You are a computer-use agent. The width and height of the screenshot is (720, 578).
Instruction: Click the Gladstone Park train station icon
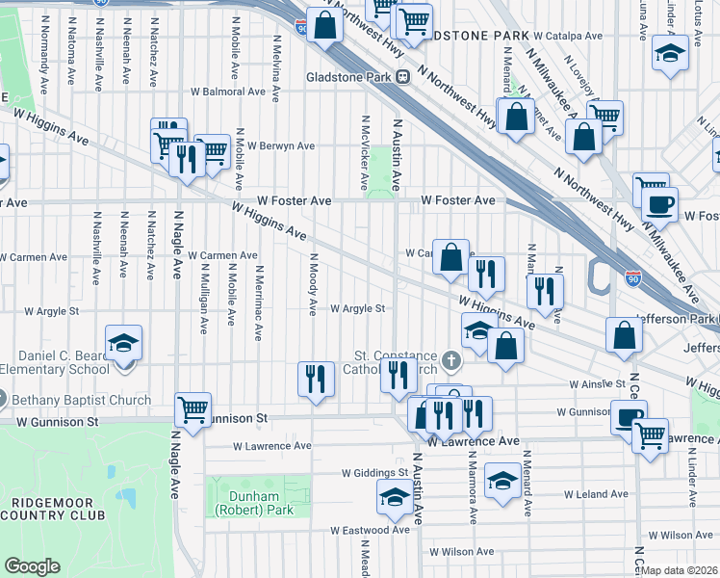pyautogui.click(x=407, y=77)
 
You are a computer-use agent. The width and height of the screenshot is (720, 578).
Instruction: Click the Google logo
pyautogui.click(x=32, y=566)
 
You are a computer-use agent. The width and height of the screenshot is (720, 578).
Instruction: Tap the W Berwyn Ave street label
pyautogui.click(x=280, y=146)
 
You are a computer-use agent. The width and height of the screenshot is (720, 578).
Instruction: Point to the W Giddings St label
pyautogui.click(x=376, y=473)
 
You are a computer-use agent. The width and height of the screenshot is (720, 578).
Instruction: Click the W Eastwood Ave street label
pyautogui.click(x=370, y=530)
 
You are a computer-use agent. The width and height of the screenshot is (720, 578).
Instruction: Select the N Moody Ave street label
pyautogui.click(x=312, y=284)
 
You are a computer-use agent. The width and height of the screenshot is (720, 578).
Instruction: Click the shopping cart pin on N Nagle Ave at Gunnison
pyautogui.click(x=193, y=408)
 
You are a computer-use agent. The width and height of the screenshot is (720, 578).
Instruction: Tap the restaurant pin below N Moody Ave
pyautogui.click(x=316, y=378)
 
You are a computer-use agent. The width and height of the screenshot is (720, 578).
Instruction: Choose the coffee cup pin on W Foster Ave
pyautogui.click(x=659, y=203)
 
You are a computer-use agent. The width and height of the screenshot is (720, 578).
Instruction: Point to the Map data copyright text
pyautogui.click(x=679, y=570)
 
